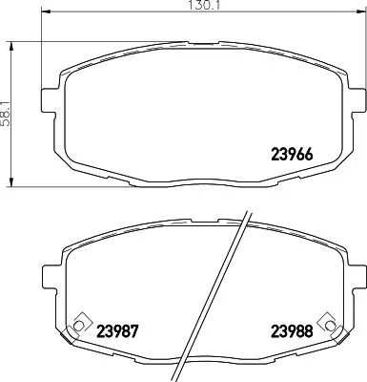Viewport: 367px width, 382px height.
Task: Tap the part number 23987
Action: pos(120,333)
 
